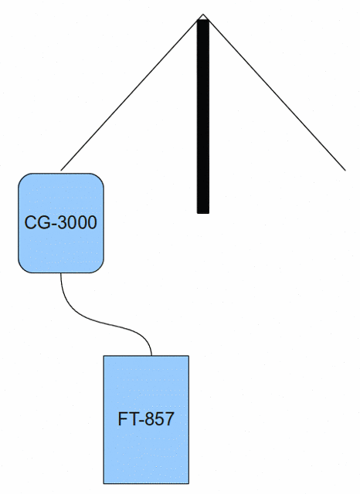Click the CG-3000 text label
tap(60, 222)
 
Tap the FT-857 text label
tap(146, 419)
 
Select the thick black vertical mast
tap(203, 117)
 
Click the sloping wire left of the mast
tap(132, 93)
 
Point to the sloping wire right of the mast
tap(274, 93)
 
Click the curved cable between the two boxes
tap(104, 322)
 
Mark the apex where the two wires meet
tap(203, 14)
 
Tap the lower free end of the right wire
tap(345, 171)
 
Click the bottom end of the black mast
tap(203, 214)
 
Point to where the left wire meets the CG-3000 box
tap(61, 171)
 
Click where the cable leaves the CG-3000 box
tap(60, 272)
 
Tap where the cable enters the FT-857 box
tap(151, 356)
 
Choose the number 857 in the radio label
tap(158, 419)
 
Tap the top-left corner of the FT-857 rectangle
tap(104, 356)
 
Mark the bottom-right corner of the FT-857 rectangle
tap(188, 483)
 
